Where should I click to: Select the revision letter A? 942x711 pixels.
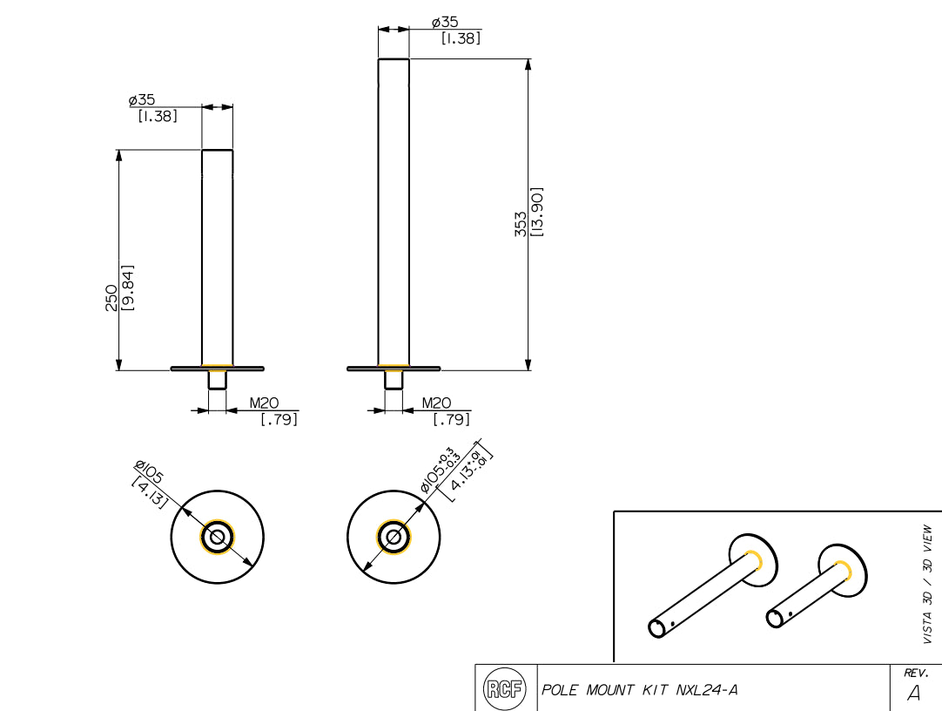[913, 694]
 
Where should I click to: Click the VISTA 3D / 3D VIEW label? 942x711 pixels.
[927, 584]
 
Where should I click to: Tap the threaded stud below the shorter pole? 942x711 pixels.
[217, 380]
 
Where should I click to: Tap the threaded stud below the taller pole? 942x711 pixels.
[394, 380]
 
